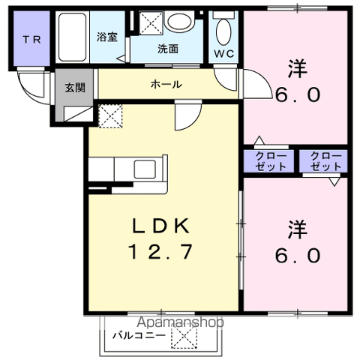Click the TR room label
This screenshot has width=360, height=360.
tap(31, 40)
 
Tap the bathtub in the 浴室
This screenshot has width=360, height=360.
tap(72, 37)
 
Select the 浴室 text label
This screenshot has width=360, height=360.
tap(107, 37)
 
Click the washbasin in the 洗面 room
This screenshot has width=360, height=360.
tap(179, 21)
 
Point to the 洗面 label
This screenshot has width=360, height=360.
tap(168, 49)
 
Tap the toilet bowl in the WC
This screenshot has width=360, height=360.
tap(223, 32)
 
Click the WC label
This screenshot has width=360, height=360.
tap(224, 53)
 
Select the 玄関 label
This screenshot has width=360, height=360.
tap(75, 88)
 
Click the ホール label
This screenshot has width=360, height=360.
tap(166, 85)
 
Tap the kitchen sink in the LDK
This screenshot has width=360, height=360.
tap(145, 169)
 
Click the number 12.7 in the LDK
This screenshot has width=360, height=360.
tap(160, 251)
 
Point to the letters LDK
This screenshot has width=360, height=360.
tap(160, 226)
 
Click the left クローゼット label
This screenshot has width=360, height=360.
tap(271, 161)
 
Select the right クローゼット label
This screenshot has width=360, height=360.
tap(325, 161)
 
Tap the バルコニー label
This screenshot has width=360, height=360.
tap(139, 335)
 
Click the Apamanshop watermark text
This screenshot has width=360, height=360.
tap(180, 322)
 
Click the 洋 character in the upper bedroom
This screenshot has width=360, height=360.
tap(298, 68)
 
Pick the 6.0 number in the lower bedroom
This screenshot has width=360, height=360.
tap(298, 256)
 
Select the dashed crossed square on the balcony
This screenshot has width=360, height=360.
tap(184, 336)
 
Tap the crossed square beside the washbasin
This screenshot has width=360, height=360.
tap(151, 23)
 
